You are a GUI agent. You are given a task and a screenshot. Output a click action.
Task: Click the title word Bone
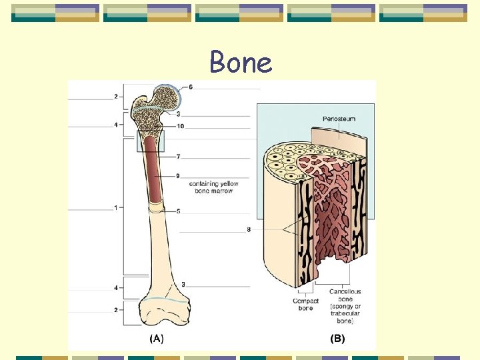click(x=240, y=63)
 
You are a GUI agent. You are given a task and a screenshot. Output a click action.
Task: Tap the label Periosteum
click(x=339, y=119)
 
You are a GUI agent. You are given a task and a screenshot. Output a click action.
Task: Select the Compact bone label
click(x=305, y=304)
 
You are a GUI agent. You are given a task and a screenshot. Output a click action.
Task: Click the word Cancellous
click(x=345, y=291)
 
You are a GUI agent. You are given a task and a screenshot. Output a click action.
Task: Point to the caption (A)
click(x=155, y=339)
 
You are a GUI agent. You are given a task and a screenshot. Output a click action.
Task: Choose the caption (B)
click(x=338, y=339)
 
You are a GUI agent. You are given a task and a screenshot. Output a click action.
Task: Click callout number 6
click(x=191, y=87)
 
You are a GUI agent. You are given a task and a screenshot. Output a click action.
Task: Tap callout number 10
click(x=181, y=126)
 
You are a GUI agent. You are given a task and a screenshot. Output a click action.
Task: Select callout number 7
click(x=178, y=156)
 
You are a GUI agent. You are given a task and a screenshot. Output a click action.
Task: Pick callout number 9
click(x=178, y=175)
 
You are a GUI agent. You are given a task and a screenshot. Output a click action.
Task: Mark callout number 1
click(x=115, y=207)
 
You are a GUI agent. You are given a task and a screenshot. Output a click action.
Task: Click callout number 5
click(x=178, y=211)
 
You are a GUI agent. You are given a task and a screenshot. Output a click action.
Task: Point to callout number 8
click(x=249, y=230)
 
